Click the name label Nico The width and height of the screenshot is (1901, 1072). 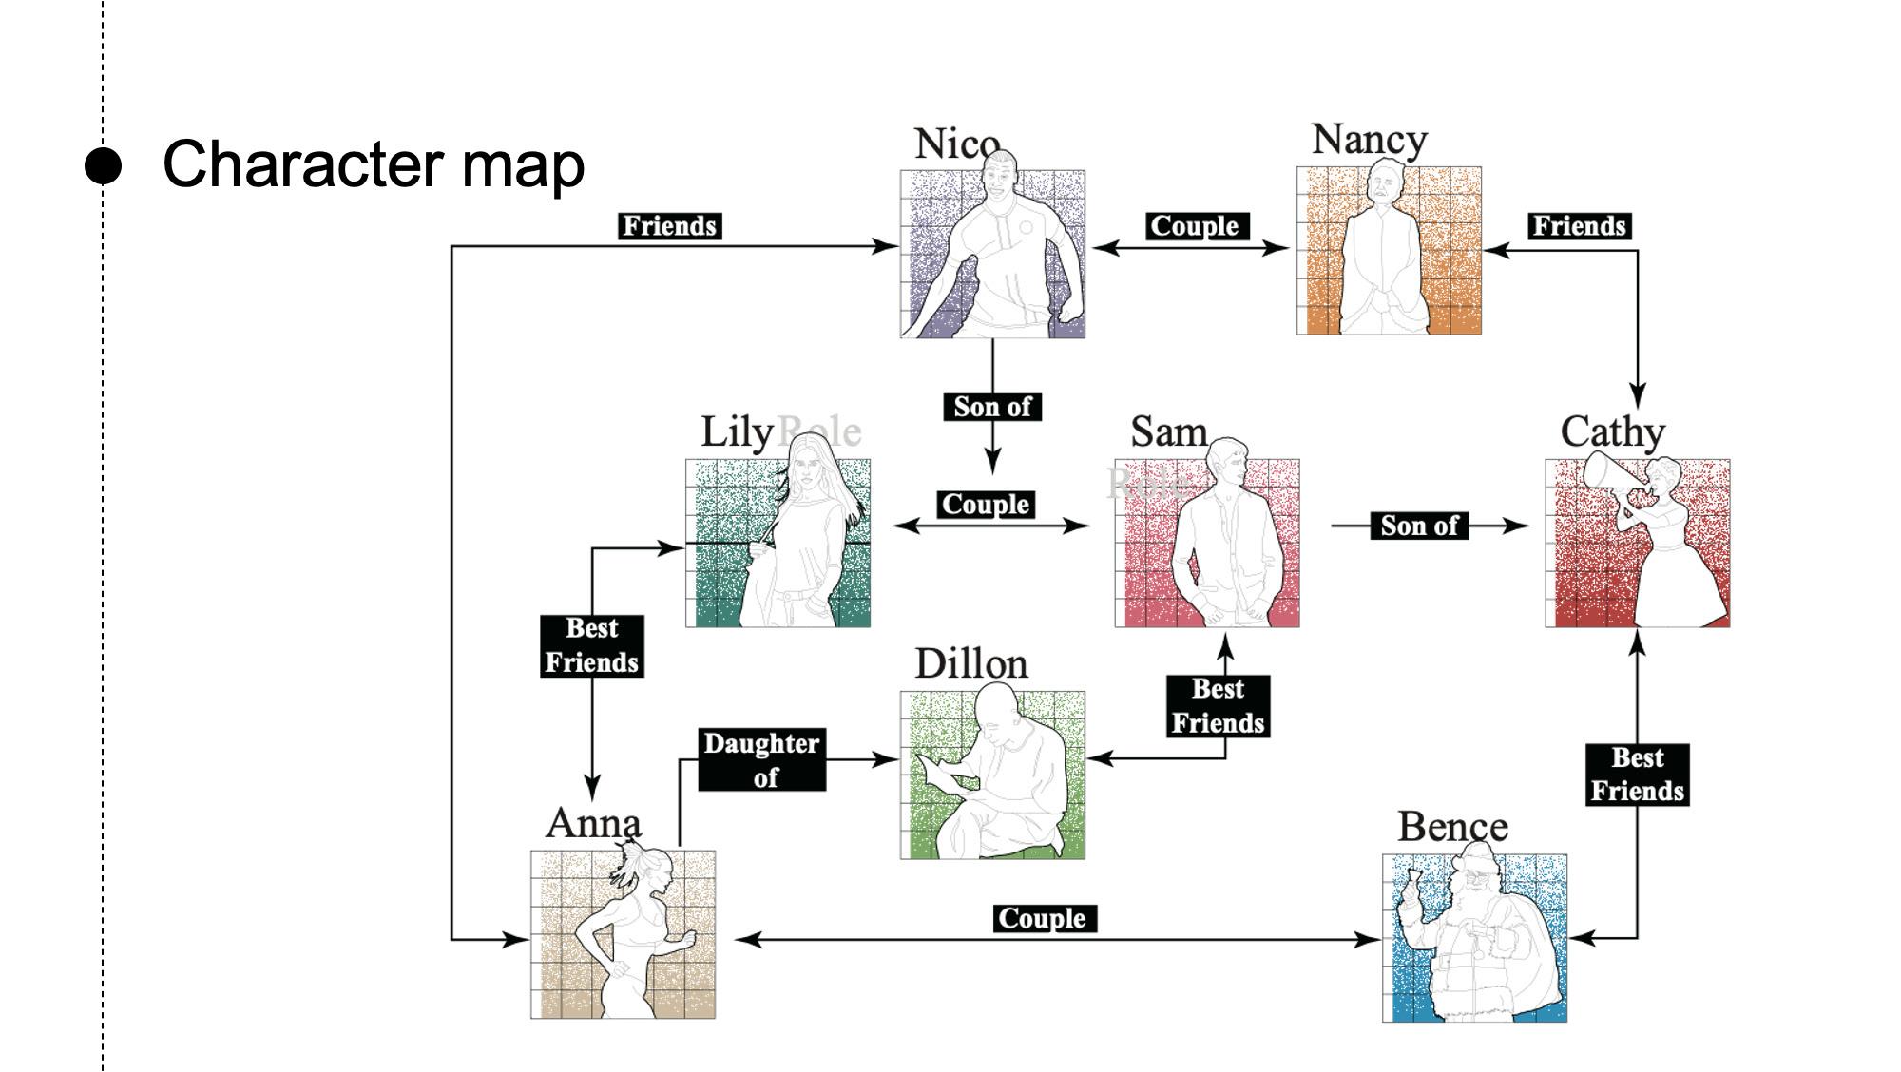click(956, 144)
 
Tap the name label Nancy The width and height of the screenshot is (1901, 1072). click(1369, 140)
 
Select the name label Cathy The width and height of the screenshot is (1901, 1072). click(1612, 431)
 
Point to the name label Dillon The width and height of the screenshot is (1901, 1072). click(970, 663)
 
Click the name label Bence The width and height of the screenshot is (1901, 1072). click(1451, 827)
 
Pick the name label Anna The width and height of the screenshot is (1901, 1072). click(593, 823)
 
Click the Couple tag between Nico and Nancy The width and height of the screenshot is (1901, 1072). click(1195, 226)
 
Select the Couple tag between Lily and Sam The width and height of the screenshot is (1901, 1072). click(986, 505)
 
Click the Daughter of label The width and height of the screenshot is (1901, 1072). click(761, 759)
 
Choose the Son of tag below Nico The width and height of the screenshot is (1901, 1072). click(992, 407)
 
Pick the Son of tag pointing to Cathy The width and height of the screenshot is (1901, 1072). click(1419, 526)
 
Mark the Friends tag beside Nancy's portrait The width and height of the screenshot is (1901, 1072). click(1580, 226)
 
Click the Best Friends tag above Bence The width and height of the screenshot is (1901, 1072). click(1637, 775)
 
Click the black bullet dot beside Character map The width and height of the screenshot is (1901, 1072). click(103, 165)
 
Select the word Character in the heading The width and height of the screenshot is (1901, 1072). click(303, 164)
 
